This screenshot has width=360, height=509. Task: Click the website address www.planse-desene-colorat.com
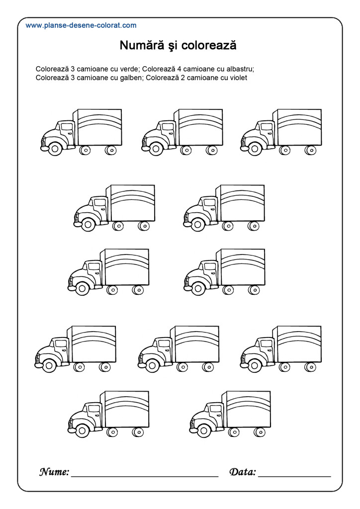point(81,25)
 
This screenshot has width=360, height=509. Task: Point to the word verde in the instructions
point(130,69)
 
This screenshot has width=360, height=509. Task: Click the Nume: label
point(54,472)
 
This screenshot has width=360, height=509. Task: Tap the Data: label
point(243,472)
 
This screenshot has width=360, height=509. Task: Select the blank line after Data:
point(294,476)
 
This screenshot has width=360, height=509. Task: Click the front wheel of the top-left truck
point(55,149)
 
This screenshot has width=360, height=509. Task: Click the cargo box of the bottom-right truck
point(248,409)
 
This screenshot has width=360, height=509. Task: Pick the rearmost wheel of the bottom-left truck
point(138,432)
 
